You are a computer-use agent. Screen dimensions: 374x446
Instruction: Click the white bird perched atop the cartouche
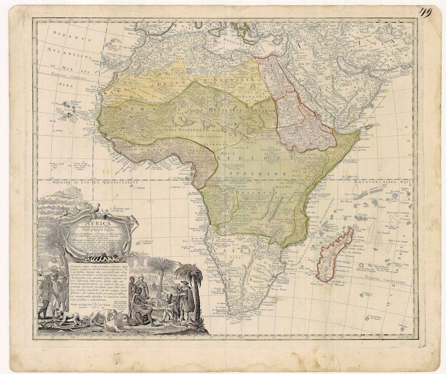(x=97, y=206)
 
